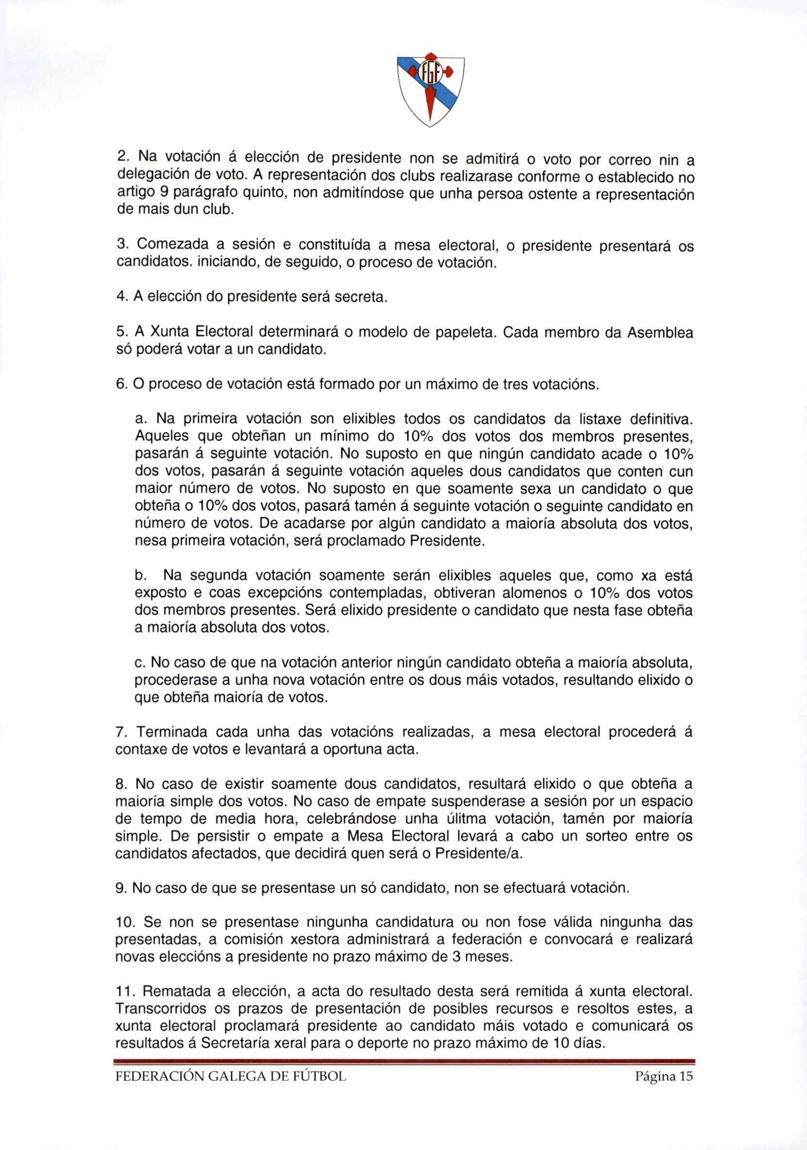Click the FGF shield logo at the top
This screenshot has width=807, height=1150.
(x=431, y=90)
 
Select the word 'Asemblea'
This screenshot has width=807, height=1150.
(x=660, y=333)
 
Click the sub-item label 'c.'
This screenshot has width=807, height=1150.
(x=140, y=663)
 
